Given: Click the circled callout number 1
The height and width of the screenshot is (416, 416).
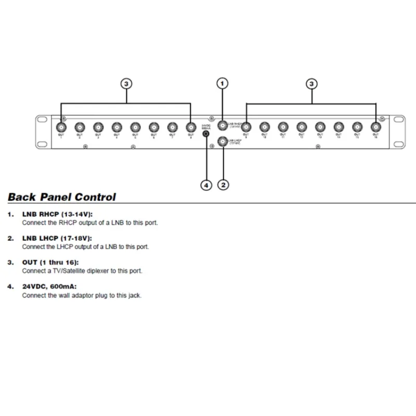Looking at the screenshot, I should pos(223,83).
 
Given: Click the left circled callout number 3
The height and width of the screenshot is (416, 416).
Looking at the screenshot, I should pos(126,83).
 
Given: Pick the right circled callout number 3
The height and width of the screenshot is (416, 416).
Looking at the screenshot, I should pos(311,83).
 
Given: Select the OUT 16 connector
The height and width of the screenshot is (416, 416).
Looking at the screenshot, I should pos(375,126).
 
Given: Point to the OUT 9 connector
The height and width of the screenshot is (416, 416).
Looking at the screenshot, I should pos(245,126).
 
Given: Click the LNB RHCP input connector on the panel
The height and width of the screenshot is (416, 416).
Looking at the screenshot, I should pos(223,125).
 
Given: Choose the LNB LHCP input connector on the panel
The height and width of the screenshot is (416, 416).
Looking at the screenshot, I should pos(223,140).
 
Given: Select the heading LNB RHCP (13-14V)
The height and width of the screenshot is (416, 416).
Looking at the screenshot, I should pos(57,214).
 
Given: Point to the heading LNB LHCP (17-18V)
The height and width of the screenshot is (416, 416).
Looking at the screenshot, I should pos(57,238).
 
